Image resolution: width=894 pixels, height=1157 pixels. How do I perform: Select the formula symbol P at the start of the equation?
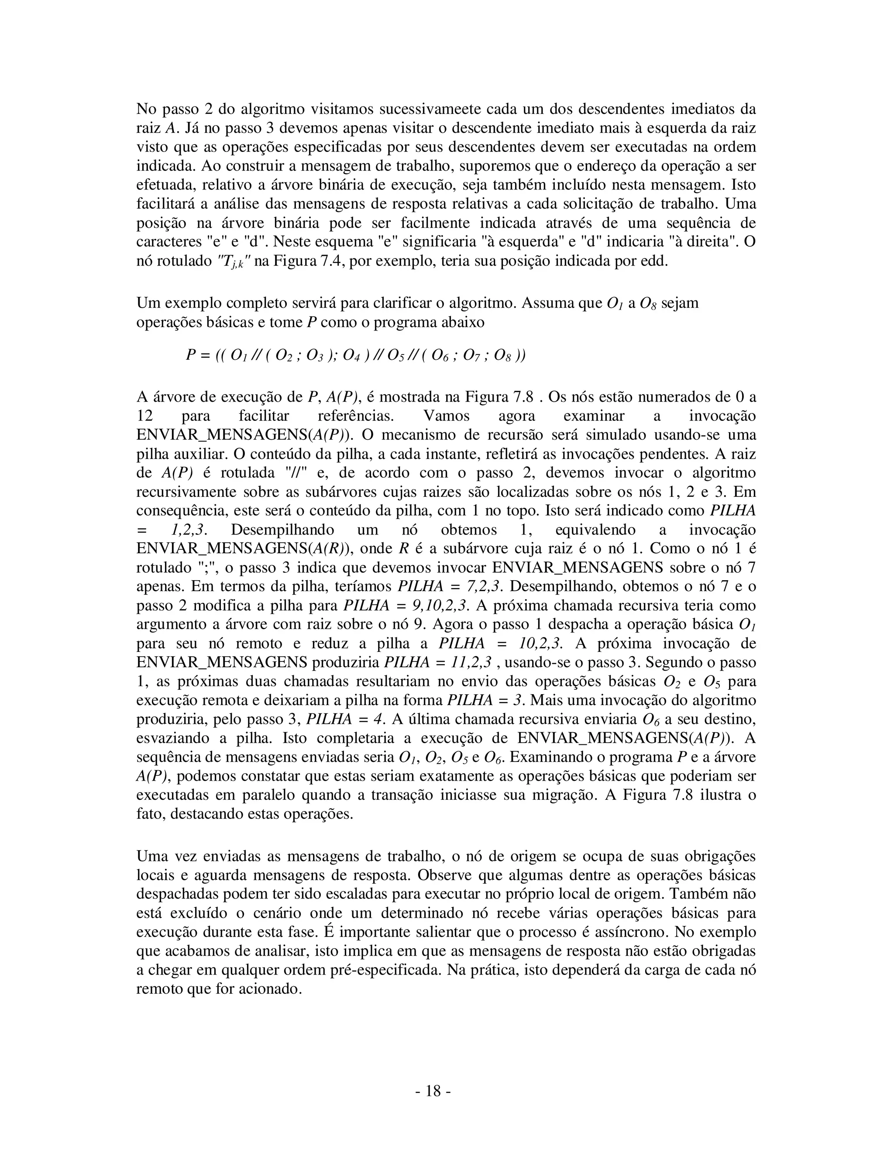[x=191, y=355]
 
